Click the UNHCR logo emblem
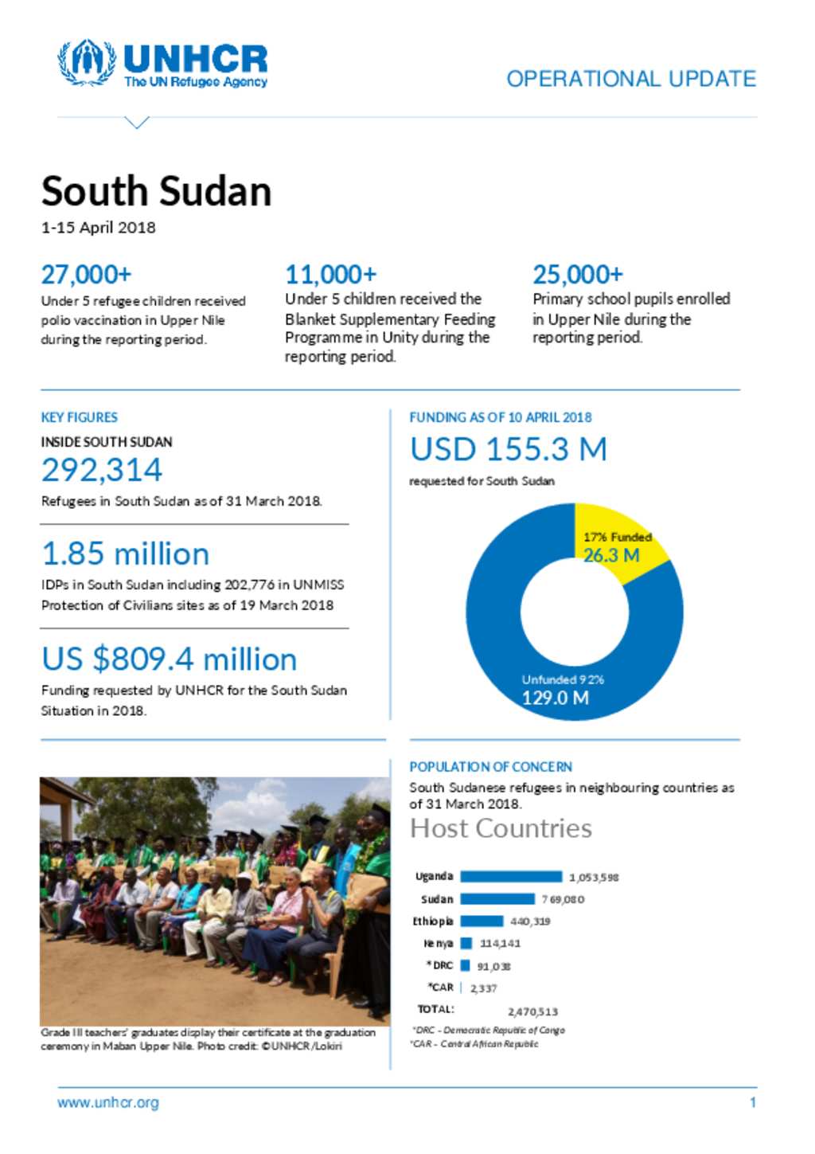pos(86,63)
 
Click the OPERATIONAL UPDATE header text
pos(631,79)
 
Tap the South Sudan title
pos(157,192)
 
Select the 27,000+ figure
pos(86,275)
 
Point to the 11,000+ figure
pos(330,275)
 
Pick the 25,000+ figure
pos(578,275)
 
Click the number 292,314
pos(102,470)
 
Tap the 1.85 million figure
pos(126,554)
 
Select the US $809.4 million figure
pos(169,659)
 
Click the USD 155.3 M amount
pos(509,450)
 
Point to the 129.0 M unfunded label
pos(556,698)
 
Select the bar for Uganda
pos(511,877)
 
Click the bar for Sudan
pos(497,899)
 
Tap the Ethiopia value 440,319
pos(530,921)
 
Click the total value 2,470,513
pos(532,1012)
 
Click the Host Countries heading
pos(501,829)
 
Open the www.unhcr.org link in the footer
pos(108,1103)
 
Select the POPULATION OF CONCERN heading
pos(490,767)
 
